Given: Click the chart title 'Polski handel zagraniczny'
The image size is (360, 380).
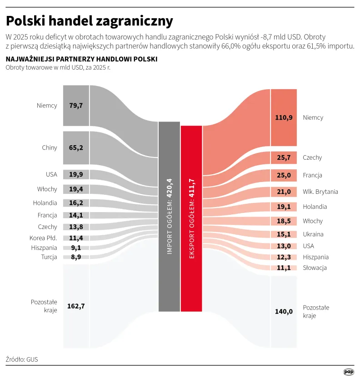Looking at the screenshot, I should pyautogui.click(x=89, y=21).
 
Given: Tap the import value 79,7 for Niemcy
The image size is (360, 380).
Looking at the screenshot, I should pyautogui.click(x=76, y=106).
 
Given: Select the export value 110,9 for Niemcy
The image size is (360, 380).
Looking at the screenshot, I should pyautogui.click(x=284, y=117).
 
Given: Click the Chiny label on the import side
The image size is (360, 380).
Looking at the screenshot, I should pyautogui.click(x=50, y=147).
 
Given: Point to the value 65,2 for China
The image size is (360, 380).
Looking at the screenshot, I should pyautogui.click(x=76, y=147).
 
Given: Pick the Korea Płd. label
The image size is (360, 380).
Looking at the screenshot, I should pyautogui.click(x=44, y=238).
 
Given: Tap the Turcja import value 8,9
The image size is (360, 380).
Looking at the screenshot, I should pyautogui.click(x=76, y=257).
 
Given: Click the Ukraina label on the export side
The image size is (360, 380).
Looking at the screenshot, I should pyautogui.click(x=313, y=234).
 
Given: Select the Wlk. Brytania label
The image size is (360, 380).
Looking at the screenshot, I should pyautogui.click(x=320, y=192).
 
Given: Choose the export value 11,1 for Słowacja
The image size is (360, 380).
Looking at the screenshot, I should pyautogui.click(x=284, y=268).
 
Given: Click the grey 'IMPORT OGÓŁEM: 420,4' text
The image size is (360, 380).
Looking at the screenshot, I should pyautogui.click(x=169, y=216).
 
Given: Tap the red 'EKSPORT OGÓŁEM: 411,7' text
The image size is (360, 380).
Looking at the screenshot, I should pyautogui.click(x=191, y=218).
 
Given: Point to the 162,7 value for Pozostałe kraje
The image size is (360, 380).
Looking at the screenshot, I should pyautogui.click(x=76, y=306).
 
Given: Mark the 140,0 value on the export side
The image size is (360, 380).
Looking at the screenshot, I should pyautogui.click(x=284, y=311).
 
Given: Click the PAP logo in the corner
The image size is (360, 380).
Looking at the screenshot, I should pyautogui.click(x=348, y=372).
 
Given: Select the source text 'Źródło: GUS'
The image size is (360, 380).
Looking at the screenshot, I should pyautogui.click(x=22, y=359).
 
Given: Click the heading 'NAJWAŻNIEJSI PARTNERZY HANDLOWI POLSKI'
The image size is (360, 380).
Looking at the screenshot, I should pyautogui.click(x=81, y=59).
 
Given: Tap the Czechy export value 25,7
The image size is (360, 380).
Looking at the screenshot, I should pyautogui.click(x=284, y=157).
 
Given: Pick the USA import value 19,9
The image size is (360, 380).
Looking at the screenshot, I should pyautogui.click(x=76, y=175).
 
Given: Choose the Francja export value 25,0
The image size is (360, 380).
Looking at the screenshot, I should pyautogui.click(x=284, y=175).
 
